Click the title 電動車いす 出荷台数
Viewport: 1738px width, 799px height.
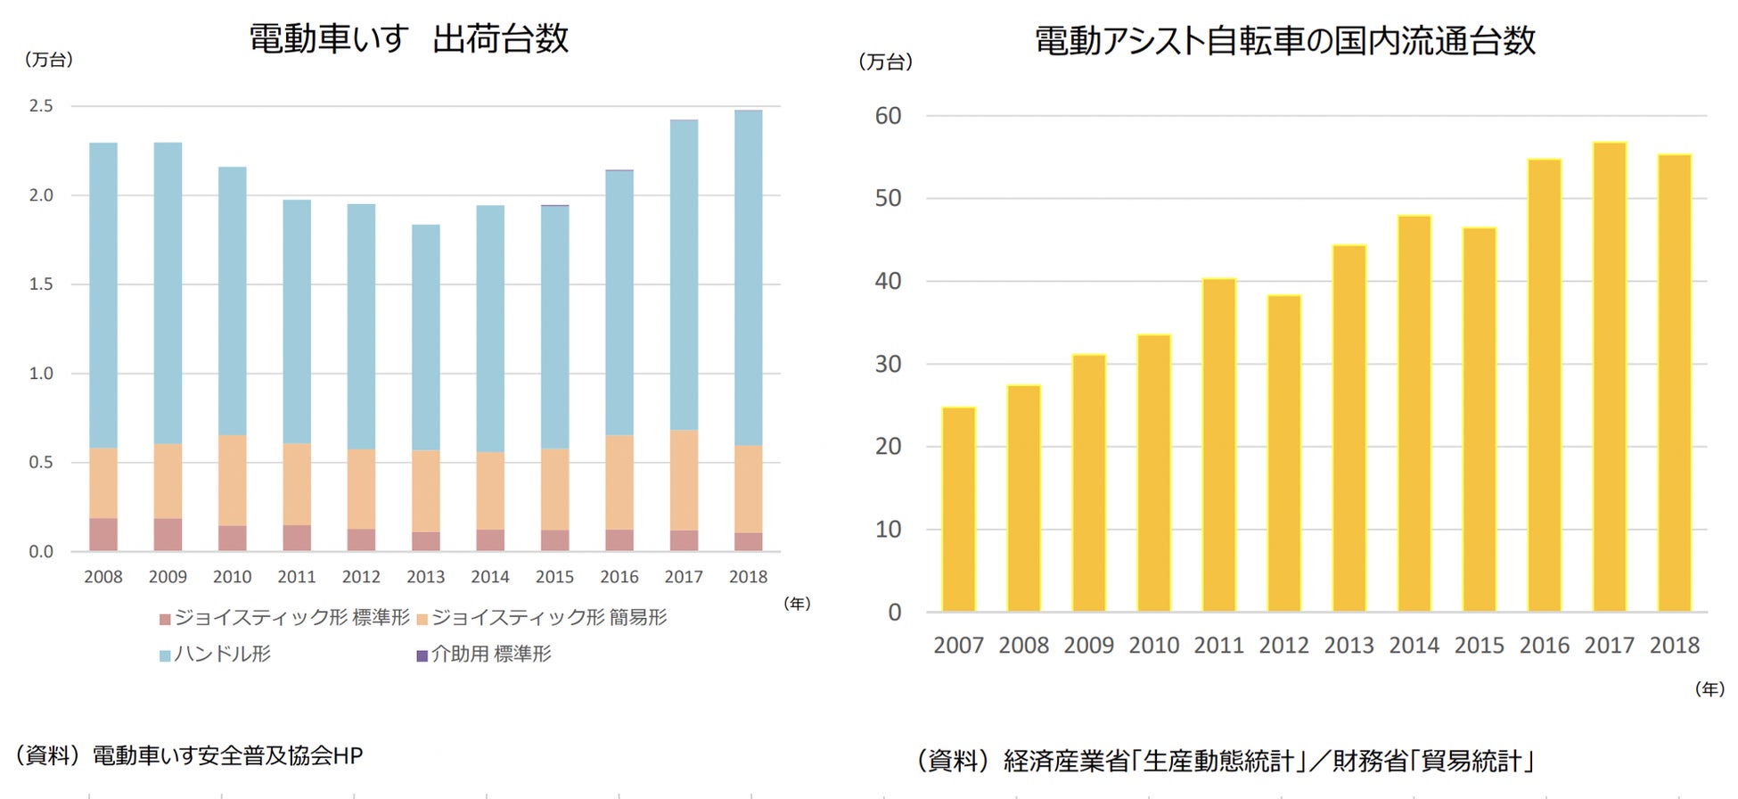408,39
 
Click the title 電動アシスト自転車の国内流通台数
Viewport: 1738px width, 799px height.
1284,41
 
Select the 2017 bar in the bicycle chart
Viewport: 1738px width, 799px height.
1609,376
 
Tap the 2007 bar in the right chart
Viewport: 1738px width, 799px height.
958,509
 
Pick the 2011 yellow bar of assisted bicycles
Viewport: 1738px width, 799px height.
1218,445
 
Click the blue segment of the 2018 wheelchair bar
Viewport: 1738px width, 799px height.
748,277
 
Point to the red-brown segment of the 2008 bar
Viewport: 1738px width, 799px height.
103,534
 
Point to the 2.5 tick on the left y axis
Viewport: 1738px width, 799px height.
41,106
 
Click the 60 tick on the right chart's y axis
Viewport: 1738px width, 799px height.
888,116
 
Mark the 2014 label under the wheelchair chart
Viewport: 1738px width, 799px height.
490,577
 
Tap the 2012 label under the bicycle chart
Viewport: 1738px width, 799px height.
1283,645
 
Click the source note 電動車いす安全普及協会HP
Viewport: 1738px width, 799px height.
227,755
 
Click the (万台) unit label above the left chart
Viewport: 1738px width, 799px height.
49,60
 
